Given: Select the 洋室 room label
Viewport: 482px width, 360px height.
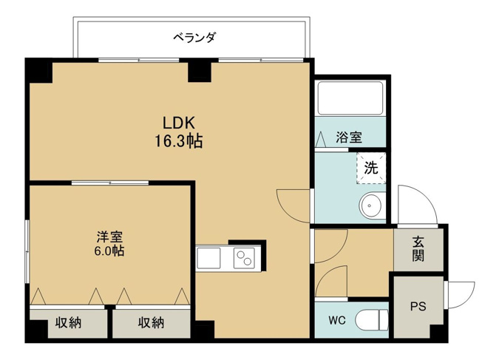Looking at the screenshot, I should point(109,237).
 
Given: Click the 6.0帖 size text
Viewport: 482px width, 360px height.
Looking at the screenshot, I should point(109,251).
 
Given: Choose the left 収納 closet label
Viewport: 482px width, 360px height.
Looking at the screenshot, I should point(69,322).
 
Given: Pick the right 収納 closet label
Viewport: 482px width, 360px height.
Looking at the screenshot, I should point(150,322).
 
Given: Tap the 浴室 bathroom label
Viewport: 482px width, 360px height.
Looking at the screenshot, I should point(348,137).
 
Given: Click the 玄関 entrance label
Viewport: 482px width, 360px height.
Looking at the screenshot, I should point(418,248).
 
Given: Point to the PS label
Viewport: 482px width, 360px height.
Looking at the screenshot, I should point(417,305).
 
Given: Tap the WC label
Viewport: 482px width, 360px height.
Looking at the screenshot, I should point(336,320).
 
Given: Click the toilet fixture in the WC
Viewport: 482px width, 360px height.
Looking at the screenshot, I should point(371,320).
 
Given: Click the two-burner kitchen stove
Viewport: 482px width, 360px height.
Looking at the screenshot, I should point(243,258).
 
